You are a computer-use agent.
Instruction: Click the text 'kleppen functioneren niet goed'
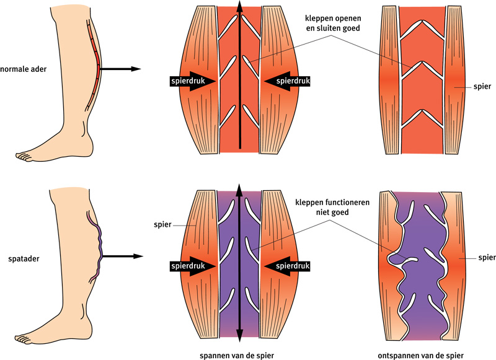[330, 206]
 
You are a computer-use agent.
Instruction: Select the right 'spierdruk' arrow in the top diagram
[287, 81]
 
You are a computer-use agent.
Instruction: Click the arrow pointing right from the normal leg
[121, 69]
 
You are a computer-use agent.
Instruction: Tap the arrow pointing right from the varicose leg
[121, 255]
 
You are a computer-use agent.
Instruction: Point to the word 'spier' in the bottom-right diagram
[477, 255]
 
